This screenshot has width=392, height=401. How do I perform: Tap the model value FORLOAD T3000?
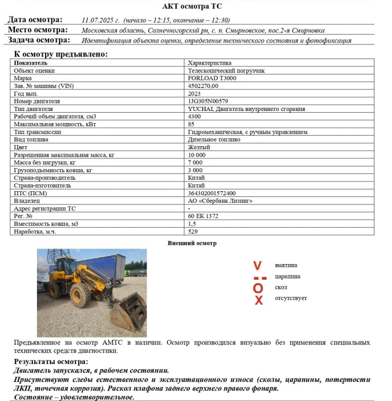point(212,78)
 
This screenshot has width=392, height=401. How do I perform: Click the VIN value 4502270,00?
point(204,86)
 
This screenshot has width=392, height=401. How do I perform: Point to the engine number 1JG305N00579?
point(208,101)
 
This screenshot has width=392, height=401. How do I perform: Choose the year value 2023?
point(195,93)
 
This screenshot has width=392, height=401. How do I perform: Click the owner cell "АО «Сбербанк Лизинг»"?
point(220,201)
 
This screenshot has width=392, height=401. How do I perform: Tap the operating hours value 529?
point(193,232)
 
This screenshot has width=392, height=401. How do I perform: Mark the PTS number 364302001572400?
point(212,194)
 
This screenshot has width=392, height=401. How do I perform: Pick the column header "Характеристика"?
point(209,62)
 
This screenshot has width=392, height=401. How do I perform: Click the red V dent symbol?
point(258,265)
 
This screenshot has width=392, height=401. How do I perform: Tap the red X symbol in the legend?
point(258,299)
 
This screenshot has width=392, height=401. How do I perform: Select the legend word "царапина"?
point(287,276)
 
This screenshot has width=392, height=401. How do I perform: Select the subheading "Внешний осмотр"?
point(192,243)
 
